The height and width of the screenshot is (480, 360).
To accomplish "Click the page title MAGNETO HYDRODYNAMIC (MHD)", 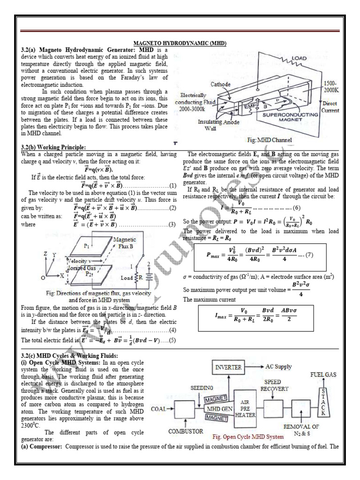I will [x=180, y=43].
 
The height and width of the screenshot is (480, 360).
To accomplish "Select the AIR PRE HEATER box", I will [x=247, y=407].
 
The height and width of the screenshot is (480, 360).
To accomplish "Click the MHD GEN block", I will [x=219, y=408].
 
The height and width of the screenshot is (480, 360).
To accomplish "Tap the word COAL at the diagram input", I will [x=158, y=409].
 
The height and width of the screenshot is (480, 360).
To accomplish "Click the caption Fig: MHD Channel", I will [x=270, y=140].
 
